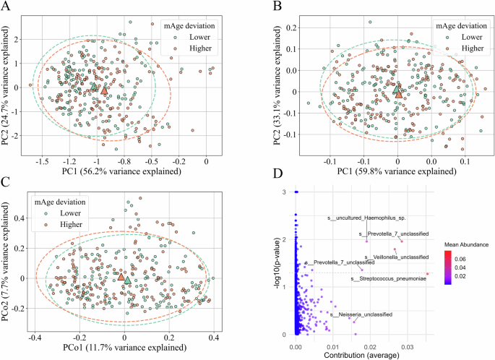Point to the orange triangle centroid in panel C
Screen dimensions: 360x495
point(121,276)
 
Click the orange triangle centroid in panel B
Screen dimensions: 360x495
point(397,92)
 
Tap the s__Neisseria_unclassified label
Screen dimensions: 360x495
point(361,314)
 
